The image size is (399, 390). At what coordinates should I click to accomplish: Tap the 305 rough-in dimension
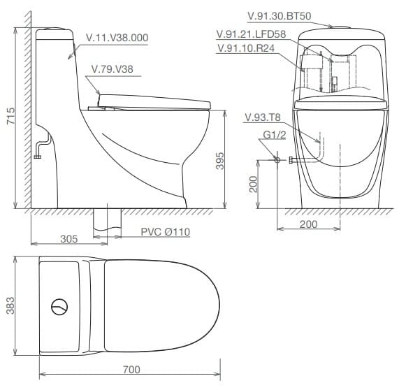pyautogui.click(x=68, y=239)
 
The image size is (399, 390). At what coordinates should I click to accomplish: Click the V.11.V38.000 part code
pyautogui.click(x=117, y=38)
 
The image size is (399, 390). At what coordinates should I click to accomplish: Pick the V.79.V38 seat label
pyautogui.click(x=114, y=70)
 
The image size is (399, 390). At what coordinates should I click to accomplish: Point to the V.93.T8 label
pyautogui.click(x=262, y=117)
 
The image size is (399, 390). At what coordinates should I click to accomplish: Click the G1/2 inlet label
pyautogui.click(x=275, y=134)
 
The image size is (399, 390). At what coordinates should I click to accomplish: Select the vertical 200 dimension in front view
pyautogui.click(x=254, y=184)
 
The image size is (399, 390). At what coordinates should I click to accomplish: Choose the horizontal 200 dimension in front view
pyautogui.click(x=308, y=224)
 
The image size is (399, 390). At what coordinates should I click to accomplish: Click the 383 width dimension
pyautogui.click(x=10, y=305)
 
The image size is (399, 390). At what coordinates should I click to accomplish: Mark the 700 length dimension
pyautogui.click(x=131, y=369)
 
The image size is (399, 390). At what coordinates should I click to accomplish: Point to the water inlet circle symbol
pyautogui.click(x=277, y=160)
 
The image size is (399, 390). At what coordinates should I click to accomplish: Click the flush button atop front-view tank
pyautogui.click(x=340, y=28)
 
